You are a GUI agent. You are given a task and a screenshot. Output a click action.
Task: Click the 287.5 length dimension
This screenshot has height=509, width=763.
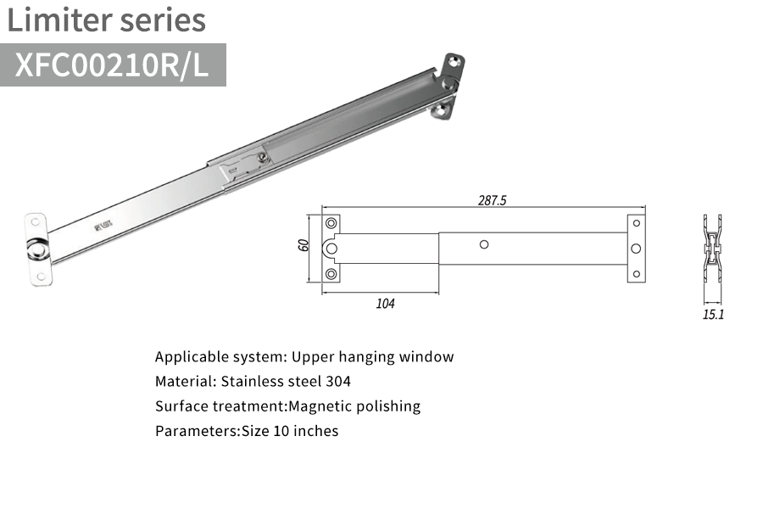pyautogui.click(x=492, y=200)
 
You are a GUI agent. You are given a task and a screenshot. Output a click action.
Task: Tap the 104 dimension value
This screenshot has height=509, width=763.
pyautogui.click(x=385, y=304)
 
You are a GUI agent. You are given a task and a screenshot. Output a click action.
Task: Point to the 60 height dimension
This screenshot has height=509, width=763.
pyautogui.click(x=304, y=245)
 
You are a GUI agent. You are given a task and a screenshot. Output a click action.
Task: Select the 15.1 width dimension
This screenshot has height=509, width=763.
pyautogui.click(x=713, y=315)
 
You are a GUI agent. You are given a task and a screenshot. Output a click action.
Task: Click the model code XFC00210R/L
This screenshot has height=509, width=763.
pyautogui.click(x=112, y=64)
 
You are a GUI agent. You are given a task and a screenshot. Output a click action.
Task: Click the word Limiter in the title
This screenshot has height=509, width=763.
pyautogui.click(x=59, y=20)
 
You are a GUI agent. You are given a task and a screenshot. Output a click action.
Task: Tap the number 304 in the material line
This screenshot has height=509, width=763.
pyautogui.click(x=338, y=382)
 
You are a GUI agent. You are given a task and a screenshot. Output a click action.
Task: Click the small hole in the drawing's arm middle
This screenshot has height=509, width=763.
pyautogui.click(x=484, y=244)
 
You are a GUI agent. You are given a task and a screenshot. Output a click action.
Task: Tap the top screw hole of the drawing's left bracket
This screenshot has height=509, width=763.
pyautogui.click(x=331, y=223)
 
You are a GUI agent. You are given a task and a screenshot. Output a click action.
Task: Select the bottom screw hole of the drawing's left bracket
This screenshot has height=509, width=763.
pyautogui.click(x=331, y=274)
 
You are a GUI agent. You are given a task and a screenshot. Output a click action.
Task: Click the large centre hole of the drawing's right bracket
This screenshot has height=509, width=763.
pyautogui.click(x=636, y=249)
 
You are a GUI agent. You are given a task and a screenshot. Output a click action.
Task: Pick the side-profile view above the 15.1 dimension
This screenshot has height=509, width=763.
pyautogui.click(x=712, y=249)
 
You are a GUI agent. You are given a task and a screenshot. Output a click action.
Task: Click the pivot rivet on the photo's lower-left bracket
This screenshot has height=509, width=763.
pyautogui.click(x=36, y=250)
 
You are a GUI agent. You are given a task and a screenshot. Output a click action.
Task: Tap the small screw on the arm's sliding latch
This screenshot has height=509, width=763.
pyautogui.click(x=262, y=157)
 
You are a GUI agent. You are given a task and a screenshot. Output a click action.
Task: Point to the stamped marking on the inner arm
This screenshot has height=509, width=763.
pyautogui.click(x=103, y=226)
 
